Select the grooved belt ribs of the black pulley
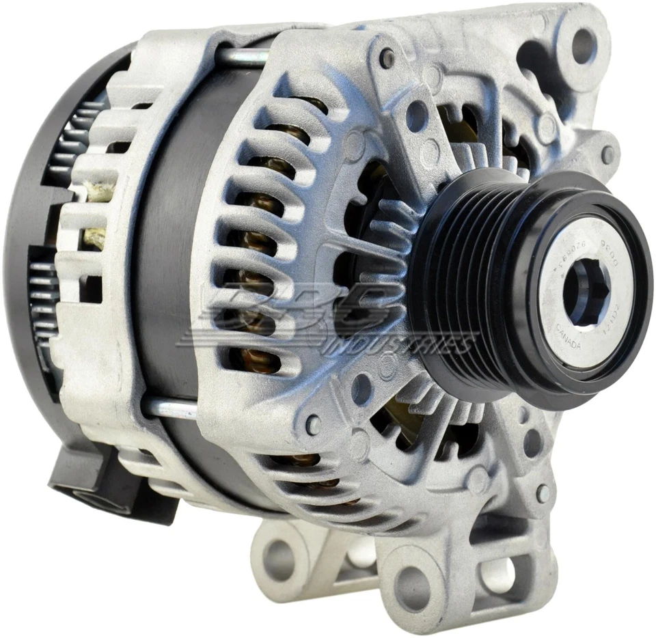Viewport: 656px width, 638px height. tap(471, 287)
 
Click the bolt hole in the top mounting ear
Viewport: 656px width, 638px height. tap(583, 45)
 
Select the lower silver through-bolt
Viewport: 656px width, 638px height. tap(169, 408)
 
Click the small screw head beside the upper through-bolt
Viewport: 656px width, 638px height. tap(387, 58)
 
